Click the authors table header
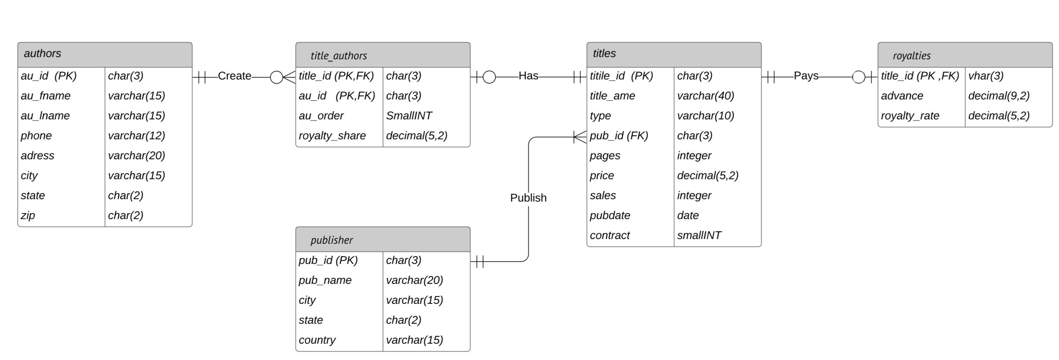click(x=104, y=54)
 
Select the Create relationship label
click(x=234, y=76)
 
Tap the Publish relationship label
click(x=528, y=198)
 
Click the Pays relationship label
click(x=806, y=76)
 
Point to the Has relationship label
click(x=528, y=76)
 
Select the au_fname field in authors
click(x=46, y=96)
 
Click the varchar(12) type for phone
click(x=137, y=136)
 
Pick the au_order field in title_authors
click(x=321, y=116)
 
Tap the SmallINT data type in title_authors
click(x=409, y=116)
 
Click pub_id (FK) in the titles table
click(x=619, y=136)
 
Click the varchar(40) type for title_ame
click(x=705, y=96)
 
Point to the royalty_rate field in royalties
click(x=910, y=116)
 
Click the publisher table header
click(x=383, y=239)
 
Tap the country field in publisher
click(x=317, y=340)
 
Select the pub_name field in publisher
click(x=325, y=280)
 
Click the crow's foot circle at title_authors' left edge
click(x=277, y=77)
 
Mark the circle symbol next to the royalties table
click(x=859, y=77)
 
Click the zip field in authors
click(x=28, y=215)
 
